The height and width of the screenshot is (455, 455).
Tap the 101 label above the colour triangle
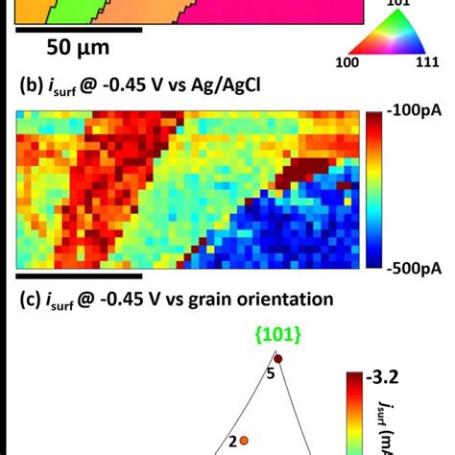[397, 5]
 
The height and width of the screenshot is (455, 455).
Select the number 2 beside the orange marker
[230, 442]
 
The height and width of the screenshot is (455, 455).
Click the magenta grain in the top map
[269, 10]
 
